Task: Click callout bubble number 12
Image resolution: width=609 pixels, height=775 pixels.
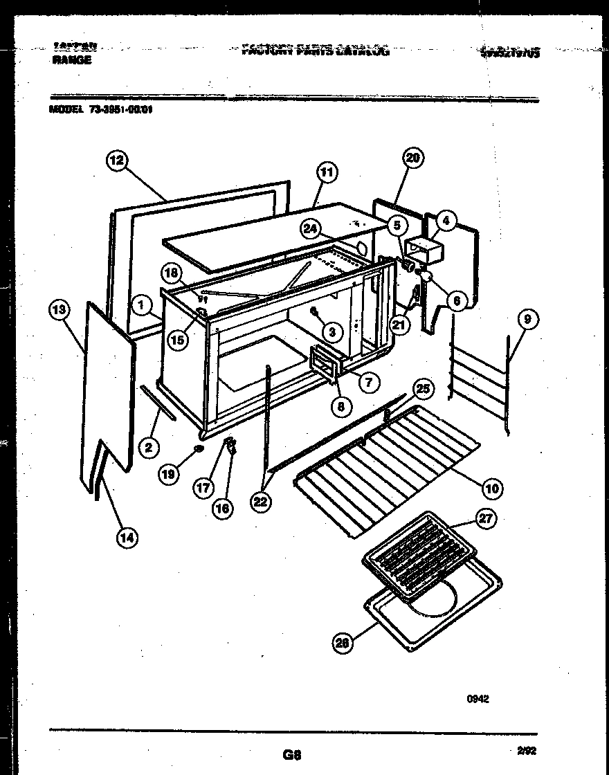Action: (x=116, y=161)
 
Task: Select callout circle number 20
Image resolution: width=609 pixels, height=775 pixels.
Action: (x=412, y=158)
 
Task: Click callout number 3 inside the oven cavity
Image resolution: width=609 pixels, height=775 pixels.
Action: (x=332, y=332)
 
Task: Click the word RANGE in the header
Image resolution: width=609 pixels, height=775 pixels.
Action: (x=71, y=60)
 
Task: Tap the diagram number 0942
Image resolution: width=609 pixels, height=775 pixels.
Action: (x=478, y=699)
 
